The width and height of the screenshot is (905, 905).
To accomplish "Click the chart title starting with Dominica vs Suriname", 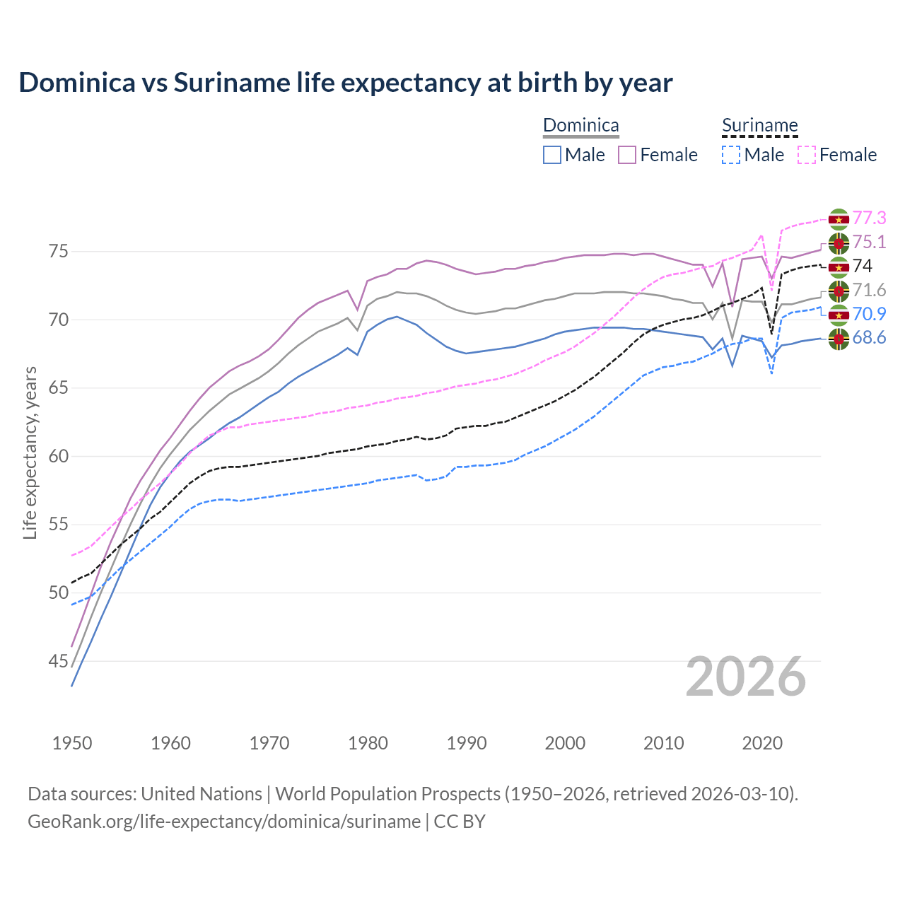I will point(345,83).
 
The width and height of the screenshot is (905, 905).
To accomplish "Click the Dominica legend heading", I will point(580,125).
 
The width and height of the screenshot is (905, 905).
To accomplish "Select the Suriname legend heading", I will point(759,125).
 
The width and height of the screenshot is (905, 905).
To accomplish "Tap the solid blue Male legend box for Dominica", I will point(552,155).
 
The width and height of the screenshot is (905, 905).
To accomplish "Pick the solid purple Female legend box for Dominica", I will point(627,155).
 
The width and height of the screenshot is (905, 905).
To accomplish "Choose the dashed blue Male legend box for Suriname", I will point(731,155).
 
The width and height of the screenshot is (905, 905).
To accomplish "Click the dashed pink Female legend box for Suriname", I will point(806,155).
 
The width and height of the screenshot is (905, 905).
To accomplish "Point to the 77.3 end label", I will point(869,218).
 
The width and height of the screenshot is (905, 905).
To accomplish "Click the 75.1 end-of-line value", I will point(869,242).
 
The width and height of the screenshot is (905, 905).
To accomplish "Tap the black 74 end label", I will point(863,266).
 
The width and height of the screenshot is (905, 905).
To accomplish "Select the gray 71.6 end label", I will point(869,290).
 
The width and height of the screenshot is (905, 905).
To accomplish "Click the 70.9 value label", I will point(869,314).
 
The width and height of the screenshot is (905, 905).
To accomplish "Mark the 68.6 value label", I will point(869,338).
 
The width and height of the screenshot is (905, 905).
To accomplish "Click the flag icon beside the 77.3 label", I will point(839,219).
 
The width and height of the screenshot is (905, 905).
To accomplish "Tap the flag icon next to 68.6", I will point(839,339).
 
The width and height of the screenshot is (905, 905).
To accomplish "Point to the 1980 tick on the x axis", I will point(368,743).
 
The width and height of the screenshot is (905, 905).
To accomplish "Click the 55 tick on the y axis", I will point(58,525).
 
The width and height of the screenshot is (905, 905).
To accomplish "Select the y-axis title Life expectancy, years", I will point(30,452).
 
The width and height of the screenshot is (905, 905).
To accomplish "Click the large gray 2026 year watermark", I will point(746,677).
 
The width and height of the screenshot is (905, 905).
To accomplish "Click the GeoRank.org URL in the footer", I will point(224,822).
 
